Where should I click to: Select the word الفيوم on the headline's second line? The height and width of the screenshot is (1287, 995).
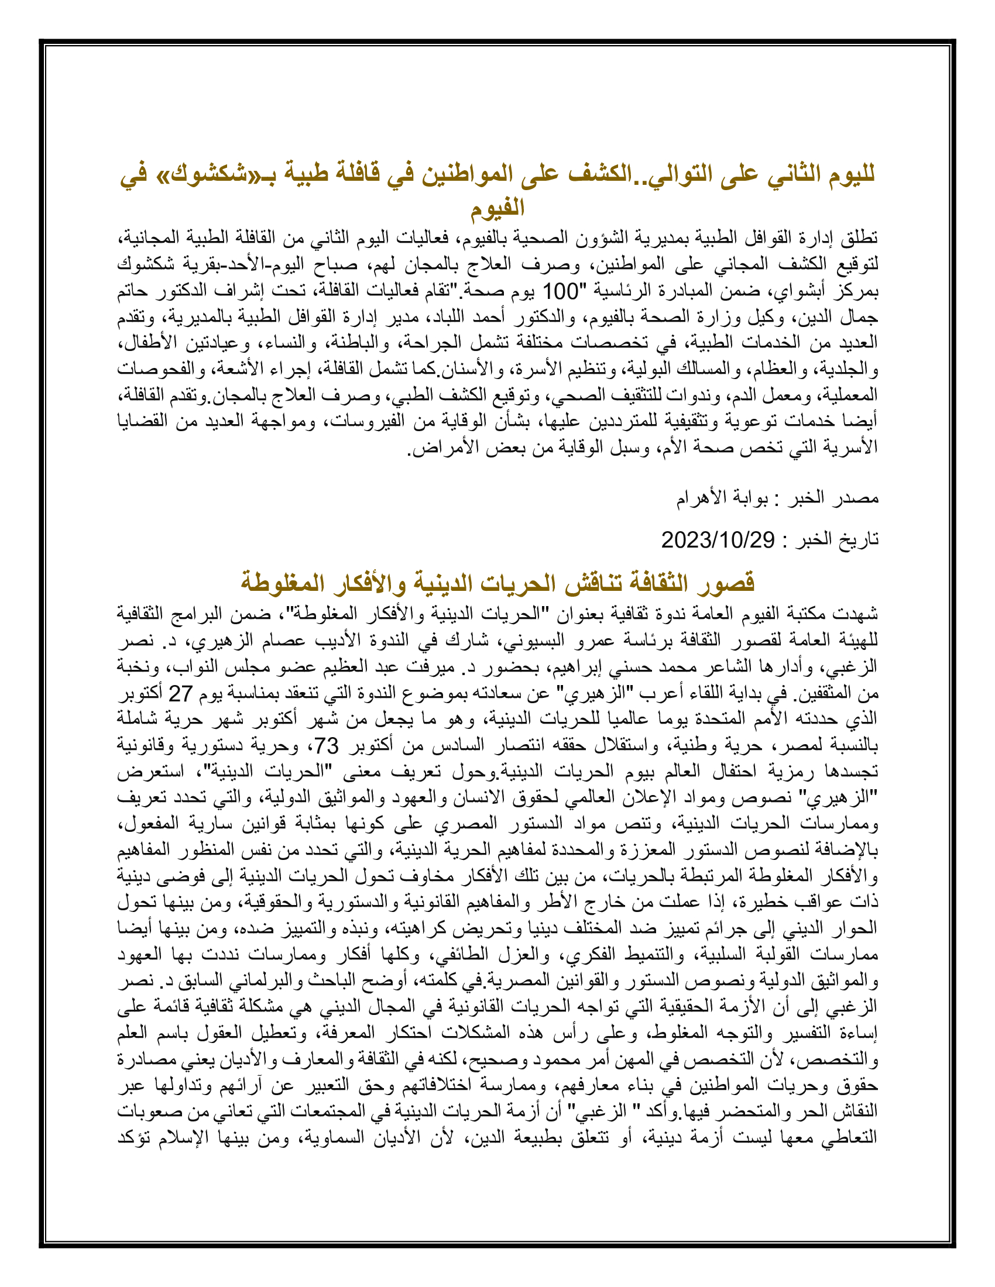coord(497,208)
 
